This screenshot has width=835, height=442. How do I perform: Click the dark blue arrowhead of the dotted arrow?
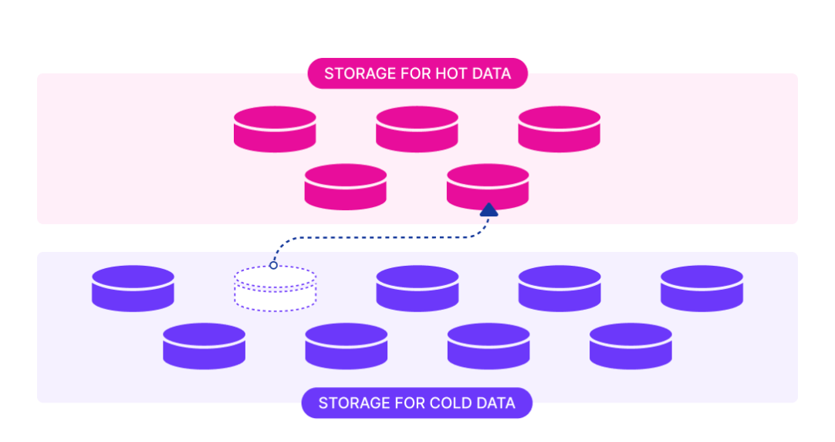click(x=488, y=209)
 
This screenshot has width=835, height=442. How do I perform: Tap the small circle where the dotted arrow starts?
click(x=273, y=266)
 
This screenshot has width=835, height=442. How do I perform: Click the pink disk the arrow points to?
click(x=488, y=187)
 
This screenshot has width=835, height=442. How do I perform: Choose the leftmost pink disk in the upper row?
click(x=275, y=129)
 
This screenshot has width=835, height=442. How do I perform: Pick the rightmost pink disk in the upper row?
click(x=559, y=129)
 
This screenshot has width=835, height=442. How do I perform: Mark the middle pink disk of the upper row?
click(x=417, y=129)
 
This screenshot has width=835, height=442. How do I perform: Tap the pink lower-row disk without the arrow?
click(x=346, y=187)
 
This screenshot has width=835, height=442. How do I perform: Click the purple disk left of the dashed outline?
click(x=133, y=289)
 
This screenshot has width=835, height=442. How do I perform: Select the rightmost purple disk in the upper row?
click(x=701, y=289)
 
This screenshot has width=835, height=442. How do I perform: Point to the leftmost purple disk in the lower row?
click(x=204, y=346)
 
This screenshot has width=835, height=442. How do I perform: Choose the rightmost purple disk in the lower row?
click(x=630, y=346)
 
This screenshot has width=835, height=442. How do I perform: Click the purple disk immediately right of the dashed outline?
click(x=417, y=289)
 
